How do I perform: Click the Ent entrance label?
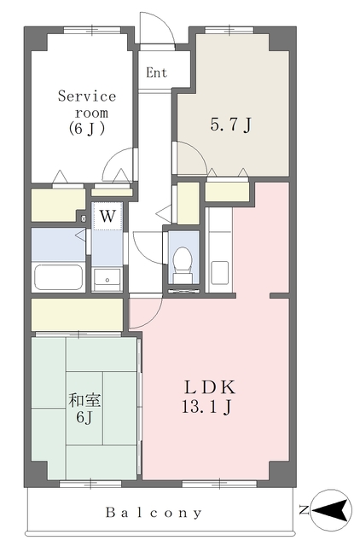156,73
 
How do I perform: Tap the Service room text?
87,104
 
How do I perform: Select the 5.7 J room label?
231,125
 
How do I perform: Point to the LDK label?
209,387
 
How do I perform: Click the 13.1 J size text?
206,406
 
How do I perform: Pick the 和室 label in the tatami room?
84,400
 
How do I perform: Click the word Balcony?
154,513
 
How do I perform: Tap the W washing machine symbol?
107,216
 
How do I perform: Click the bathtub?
59,277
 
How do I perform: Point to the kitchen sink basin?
220,273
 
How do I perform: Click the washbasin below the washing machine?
107,279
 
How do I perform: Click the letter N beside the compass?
304,510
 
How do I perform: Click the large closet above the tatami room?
77,314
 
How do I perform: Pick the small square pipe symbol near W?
84,218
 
